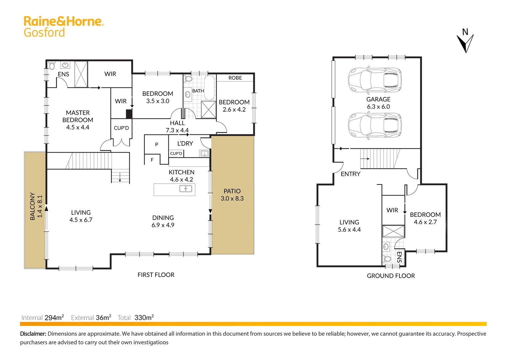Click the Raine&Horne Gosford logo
63,26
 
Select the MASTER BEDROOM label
78,120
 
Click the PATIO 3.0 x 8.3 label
232,195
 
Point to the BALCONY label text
32,206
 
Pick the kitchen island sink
186,189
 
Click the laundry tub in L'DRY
204,154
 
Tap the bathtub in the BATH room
210,88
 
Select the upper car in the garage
375,80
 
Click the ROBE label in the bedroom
235,78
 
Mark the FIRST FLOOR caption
156,275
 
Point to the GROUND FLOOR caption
391,276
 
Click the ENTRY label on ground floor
350,174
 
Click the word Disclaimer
33,334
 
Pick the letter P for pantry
157,144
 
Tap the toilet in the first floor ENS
52,66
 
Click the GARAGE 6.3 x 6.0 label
378,103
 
